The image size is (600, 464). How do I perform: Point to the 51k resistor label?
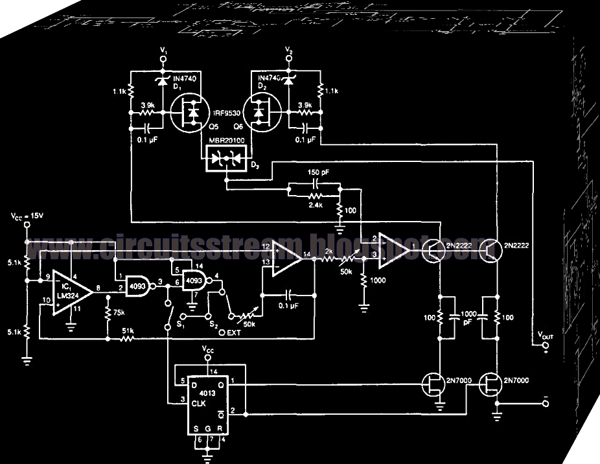127,331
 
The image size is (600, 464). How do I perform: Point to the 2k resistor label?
329,251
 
